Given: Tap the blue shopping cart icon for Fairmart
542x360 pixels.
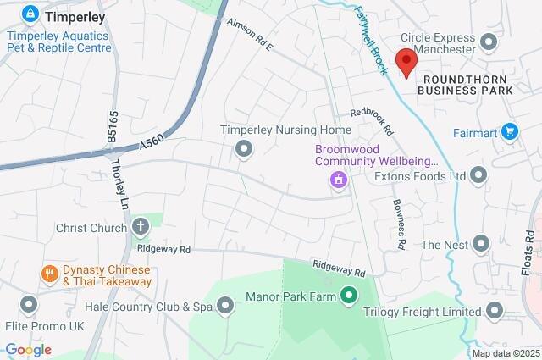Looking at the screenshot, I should pyautogui.click(x=509, y=131).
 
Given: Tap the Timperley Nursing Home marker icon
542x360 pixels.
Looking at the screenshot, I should pyautogui.click(x=244, y=150).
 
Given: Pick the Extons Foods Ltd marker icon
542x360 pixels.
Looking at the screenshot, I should pyautogui.click(x=479, y=176).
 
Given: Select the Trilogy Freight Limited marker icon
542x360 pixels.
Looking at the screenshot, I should pyautogui.click(x=492, y=312).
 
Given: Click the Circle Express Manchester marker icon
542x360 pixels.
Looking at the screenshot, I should pyautogui.click(x=488, y=42).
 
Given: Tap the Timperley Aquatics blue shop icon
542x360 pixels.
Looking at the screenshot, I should pyautogui.click(x=30, y=14).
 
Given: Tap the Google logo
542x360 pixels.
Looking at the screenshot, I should pyautogui.click(x=28, y=350).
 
